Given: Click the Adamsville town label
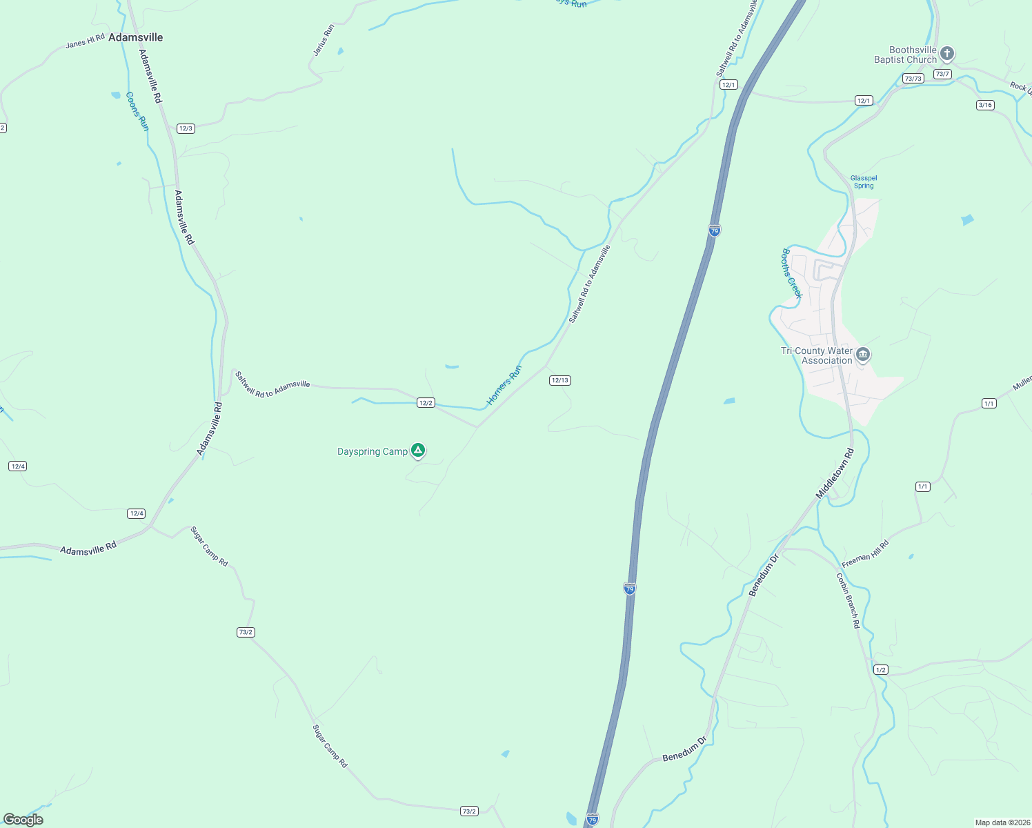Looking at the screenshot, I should [136, 37].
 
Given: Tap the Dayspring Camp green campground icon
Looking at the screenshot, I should [417, 451].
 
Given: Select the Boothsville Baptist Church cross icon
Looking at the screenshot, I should [947, 54].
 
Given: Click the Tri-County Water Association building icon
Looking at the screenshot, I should [862, 355].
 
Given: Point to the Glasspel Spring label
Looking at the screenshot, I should [864, 182].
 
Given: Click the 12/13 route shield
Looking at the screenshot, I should [559, 380].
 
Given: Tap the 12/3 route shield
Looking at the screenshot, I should [186, 128].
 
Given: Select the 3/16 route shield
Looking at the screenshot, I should [985, 105].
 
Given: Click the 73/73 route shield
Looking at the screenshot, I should [913, 79].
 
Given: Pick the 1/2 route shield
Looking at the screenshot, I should [880, 670].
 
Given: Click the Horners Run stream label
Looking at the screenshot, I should [504, 385].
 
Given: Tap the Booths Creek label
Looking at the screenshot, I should [792, 273].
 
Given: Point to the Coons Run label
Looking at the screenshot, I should [137, 111].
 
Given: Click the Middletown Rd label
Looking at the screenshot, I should [835, 473].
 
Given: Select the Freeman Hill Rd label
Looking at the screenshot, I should [865, 554].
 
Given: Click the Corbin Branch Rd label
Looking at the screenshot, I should [849, 600].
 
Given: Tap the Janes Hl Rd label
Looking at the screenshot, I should [85, 41].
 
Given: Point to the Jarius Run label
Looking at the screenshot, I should [324, 40].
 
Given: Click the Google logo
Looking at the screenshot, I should [23, 820].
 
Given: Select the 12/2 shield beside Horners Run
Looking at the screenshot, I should [426, 403].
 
